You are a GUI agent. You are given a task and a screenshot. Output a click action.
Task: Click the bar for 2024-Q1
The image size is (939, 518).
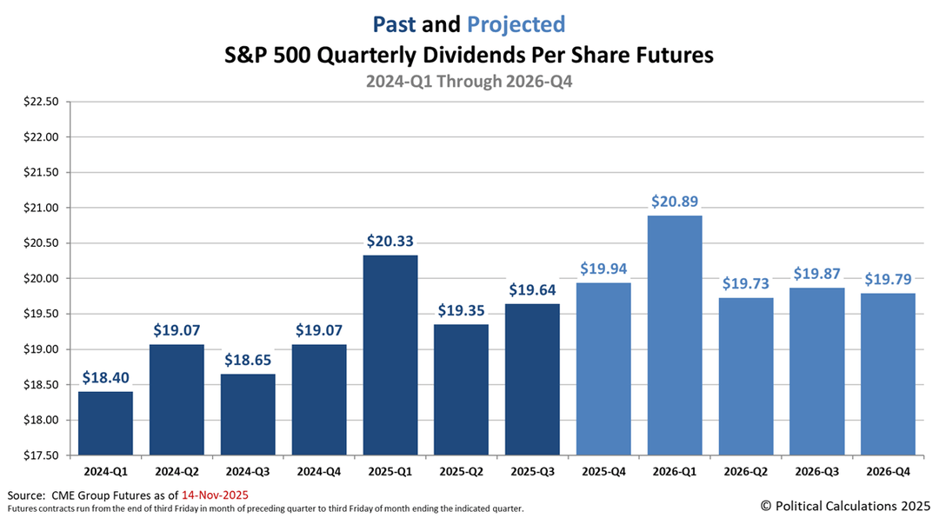point(106,423)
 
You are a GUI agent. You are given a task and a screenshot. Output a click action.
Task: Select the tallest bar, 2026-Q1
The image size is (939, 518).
point(675,335)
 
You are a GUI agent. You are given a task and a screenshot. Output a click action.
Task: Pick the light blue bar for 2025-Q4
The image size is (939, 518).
point(603,369)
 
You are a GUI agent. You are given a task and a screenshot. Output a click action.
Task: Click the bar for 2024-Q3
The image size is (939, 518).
point(248,415)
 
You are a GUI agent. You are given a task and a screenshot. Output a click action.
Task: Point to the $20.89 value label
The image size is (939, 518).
point(675,202)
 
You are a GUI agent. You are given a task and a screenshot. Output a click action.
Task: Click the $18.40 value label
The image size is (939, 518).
point(106,378)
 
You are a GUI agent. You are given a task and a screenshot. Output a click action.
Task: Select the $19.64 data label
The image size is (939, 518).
point(532,290)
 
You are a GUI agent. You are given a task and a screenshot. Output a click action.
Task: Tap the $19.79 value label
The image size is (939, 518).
point(888,280)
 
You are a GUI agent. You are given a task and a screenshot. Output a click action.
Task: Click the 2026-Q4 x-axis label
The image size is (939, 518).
point(888,471)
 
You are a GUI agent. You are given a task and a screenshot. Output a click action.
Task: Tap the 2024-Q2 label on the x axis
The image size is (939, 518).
point(177,471)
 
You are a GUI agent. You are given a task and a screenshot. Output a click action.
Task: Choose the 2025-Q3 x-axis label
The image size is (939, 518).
point(532,471)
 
